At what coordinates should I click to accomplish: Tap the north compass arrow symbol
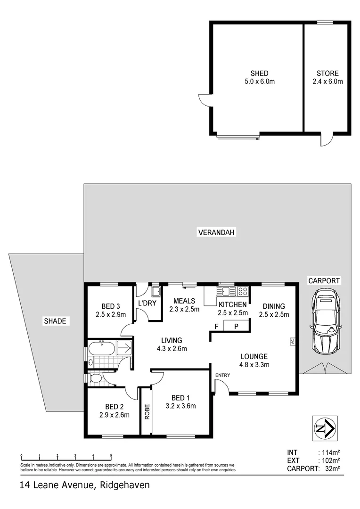pyautogui.click(x=325, y=429)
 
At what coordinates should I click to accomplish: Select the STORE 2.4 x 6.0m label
pyautogui.click(x=327, y=77)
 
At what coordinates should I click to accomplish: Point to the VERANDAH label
pyautogui.click(x=216, y=232)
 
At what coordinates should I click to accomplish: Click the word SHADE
pyautogui.click(x=56, y=321)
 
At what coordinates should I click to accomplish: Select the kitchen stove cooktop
pyautogui.click(x=243, y=291)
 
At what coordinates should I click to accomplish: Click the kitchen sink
pyautogui.click(x=226, y=291)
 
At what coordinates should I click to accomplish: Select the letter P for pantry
pyautogui.click(x=237, y=326)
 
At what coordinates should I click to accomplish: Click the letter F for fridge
pyautogui.click(x=217, y=326)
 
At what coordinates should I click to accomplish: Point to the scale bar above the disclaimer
pyautogui.click(x=66, y=456)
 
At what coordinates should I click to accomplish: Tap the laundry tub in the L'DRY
pyautogui.click(x=156, y=291)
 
